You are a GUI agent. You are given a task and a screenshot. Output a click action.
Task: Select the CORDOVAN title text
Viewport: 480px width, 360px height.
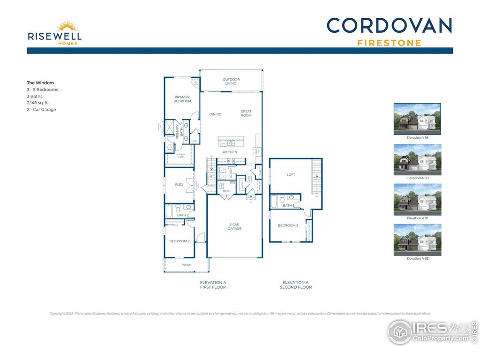[389, 26]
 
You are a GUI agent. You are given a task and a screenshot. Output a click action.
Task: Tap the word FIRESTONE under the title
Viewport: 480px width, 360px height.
[389, 43]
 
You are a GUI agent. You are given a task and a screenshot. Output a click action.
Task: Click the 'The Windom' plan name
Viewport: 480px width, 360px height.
[40, 83]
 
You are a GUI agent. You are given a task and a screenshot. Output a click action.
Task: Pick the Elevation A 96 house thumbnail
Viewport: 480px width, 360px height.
[417, 119]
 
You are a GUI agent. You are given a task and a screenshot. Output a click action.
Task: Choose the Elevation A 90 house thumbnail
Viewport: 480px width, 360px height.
[417, 159]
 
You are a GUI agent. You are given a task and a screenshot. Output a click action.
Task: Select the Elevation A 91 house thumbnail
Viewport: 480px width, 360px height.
[417, 199]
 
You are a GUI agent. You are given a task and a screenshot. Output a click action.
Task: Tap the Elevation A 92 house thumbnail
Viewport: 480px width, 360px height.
[417, 240]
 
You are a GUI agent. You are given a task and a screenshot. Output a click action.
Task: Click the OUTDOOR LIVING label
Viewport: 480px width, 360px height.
[231, 82]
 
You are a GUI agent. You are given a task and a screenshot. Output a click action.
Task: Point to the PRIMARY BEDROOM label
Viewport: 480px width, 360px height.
[182, 99]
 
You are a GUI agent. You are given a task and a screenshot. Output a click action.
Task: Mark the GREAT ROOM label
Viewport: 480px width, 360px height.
[246, 113]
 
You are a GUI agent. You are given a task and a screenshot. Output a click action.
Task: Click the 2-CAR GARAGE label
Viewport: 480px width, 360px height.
[234, 226]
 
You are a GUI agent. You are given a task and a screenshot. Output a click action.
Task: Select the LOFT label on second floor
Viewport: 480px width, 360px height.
[291, 175]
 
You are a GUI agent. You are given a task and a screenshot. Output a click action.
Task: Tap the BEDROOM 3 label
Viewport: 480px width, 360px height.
[287, 225]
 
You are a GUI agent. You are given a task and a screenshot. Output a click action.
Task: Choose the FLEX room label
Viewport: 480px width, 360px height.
[179, 185]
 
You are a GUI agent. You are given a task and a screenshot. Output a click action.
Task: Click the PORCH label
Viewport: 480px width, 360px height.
[187, 265]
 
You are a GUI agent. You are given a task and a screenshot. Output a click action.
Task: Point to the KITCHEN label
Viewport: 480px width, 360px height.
[230, 152]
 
